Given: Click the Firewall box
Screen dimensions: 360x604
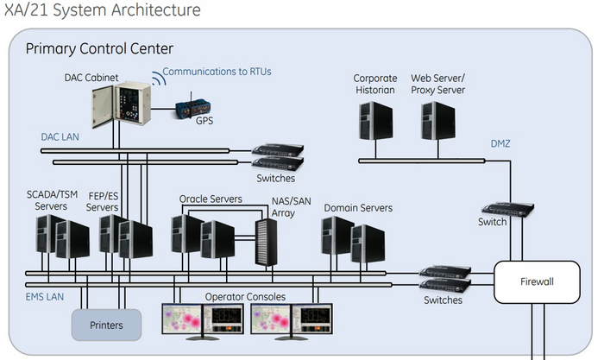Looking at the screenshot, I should (x=536, y=281).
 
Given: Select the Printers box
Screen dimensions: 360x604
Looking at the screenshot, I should (x=106, y=325).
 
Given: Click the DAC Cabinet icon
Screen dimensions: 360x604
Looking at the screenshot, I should (x=120, y=108).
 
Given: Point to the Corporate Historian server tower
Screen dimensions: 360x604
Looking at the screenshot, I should (x=374, y=122).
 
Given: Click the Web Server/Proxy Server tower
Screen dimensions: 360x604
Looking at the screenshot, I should (x=438, y=122).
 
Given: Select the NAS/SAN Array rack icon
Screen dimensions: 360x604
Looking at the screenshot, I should (x=266, y=242).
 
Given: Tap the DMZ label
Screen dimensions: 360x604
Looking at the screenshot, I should (x=500, y=143).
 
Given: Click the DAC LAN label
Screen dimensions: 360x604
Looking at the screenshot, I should (x=60, y=136).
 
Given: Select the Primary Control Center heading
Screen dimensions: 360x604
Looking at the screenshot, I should (x=99, y=49).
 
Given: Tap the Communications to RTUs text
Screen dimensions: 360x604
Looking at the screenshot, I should (x=217, y=72).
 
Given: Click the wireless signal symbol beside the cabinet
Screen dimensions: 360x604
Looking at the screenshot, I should (x=158, y=80).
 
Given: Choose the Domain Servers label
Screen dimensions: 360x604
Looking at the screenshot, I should (x=358, y=208).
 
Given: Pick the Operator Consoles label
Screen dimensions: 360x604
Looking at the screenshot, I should (x=244, y=297).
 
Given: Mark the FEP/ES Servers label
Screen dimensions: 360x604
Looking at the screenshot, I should (x=103, y=201).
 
